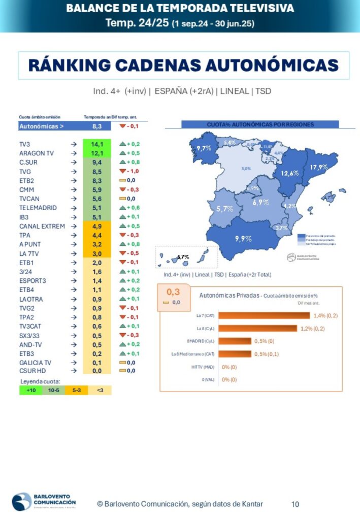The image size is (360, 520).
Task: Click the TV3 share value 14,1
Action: [97, 144]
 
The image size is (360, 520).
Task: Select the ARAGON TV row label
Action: [37, 153]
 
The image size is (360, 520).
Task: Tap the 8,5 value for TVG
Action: [97, 172]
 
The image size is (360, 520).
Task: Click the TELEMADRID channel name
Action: [38, 208]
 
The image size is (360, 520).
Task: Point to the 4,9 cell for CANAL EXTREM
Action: [97, 226]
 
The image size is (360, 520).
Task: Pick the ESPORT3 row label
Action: [34, 281]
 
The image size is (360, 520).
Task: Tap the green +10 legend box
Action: [31, 391]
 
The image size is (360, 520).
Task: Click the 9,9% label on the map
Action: [243, 238]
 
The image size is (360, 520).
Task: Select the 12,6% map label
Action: [289, 173]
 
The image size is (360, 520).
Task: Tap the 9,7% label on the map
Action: [204, 148]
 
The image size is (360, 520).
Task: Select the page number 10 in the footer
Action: [295, 504]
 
